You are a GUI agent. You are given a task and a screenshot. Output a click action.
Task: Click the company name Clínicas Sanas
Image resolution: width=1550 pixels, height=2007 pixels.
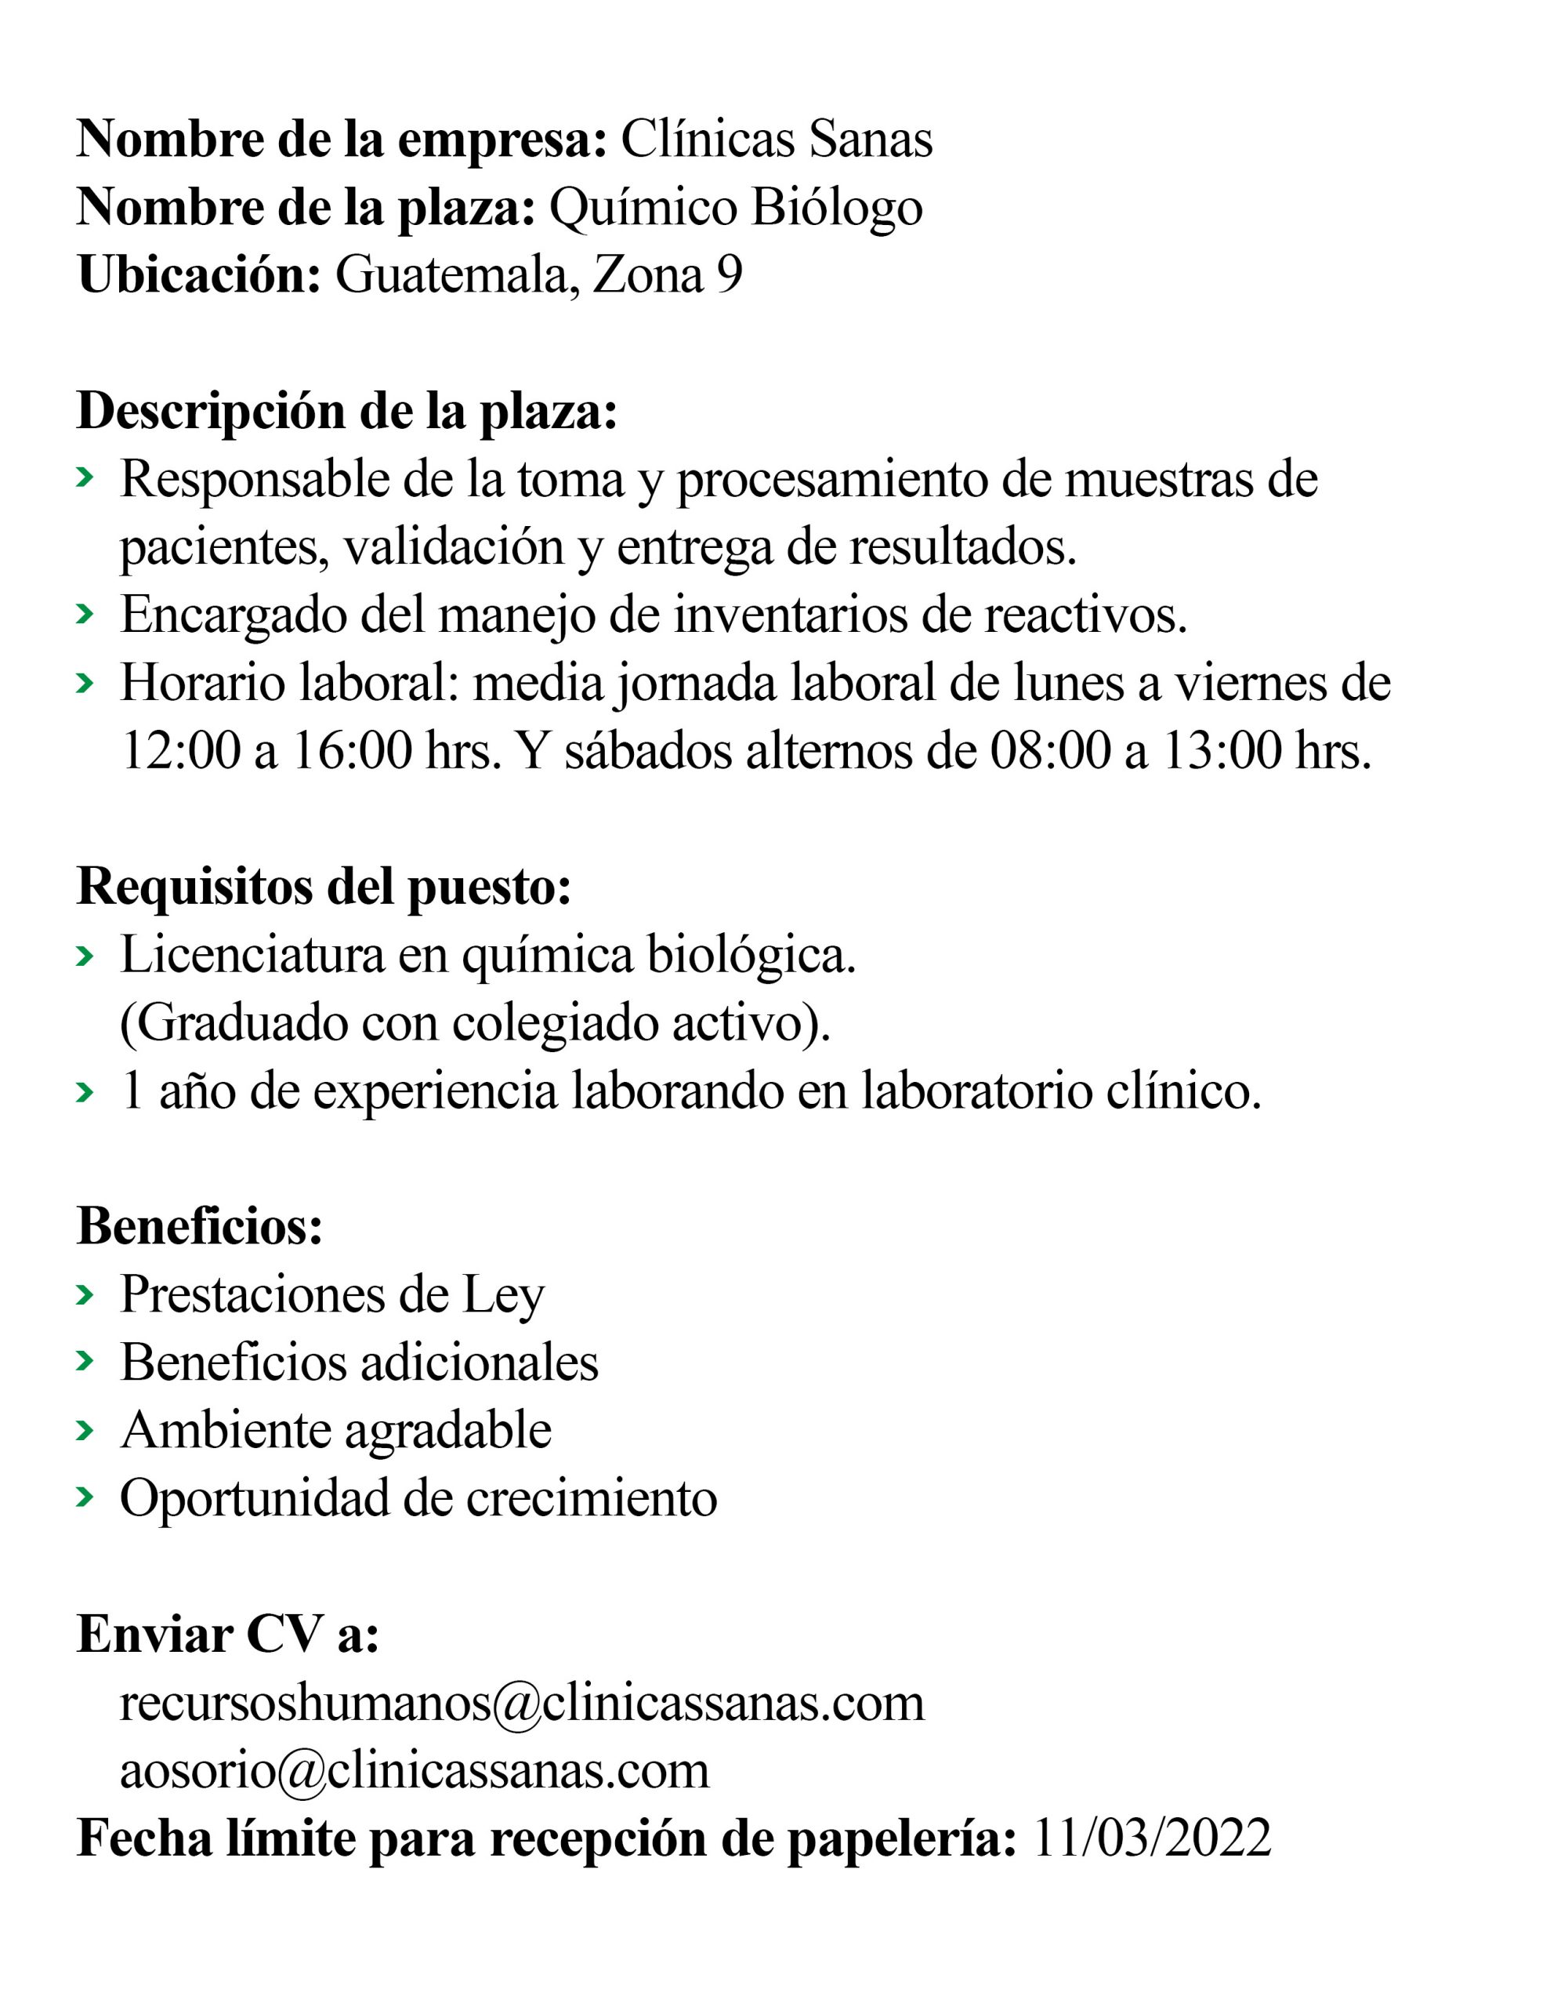pos(777,140)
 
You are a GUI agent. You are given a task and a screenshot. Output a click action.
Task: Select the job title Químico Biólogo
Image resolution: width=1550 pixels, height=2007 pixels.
pos(735,208)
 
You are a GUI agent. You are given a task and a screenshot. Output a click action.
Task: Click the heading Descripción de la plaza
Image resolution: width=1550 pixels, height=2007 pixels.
pos(346,411)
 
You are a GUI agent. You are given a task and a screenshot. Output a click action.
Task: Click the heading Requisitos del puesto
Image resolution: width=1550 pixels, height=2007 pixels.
pos(324,887)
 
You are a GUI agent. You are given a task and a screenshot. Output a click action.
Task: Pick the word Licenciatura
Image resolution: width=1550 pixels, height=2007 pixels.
pos(252,955)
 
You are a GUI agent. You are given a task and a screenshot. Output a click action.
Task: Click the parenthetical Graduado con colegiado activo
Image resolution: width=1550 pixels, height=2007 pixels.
pos(475,1023)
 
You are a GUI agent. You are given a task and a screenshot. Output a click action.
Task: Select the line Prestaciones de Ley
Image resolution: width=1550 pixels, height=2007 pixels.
pos(332,1295)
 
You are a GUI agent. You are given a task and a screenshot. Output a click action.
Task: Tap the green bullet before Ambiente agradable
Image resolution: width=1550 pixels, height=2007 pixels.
pos(85,1431)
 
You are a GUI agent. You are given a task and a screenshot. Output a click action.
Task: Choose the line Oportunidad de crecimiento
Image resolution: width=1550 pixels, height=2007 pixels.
pos(418,1499)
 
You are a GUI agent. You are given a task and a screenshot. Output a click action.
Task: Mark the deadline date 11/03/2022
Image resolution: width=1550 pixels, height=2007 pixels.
pos(1152,1838)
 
